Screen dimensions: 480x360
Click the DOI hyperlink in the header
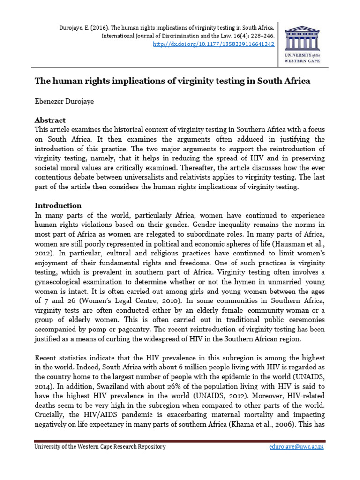[214, 44]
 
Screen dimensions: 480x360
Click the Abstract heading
[50, 120]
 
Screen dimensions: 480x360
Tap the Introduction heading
[58, 205]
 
